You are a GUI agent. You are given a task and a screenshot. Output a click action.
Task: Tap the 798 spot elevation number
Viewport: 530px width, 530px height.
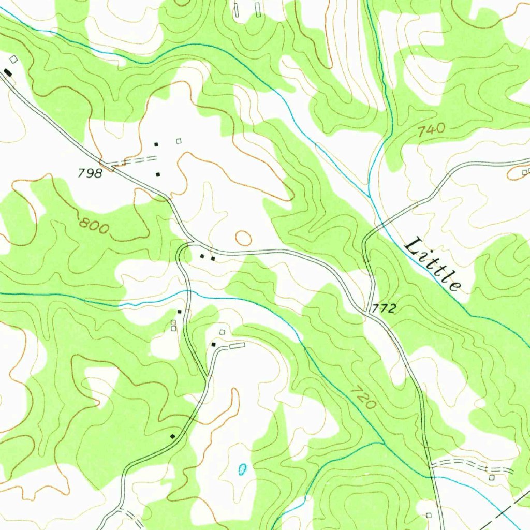(x=90, y=173)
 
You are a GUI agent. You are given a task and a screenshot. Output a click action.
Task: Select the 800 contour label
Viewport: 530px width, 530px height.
(x=94, y=226)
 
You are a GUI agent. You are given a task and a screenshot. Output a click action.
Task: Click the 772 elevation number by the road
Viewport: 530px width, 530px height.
(x=384, y=309)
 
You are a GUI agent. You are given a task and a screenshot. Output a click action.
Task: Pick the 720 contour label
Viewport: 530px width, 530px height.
(x=363, y=397)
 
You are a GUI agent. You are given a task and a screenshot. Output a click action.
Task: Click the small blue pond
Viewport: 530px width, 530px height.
(x=242, y=469)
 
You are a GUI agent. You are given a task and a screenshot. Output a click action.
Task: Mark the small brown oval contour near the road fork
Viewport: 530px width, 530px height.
(x=243, y=238)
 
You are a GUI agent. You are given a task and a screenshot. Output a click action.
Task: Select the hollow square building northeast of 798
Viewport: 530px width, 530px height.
(x=179, y=141)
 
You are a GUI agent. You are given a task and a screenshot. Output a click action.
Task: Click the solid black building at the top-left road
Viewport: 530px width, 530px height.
(x=7, y=71)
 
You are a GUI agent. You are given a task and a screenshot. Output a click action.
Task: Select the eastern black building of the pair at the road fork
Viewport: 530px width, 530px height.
(x=213, y=258)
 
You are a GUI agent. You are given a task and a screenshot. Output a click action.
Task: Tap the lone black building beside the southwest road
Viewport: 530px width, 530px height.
(x=173, y=436)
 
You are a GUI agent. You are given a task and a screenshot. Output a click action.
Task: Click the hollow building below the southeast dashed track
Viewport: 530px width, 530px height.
(x=492, y=477)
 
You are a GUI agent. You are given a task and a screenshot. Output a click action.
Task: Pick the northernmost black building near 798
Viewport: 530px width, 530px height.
(x=156, y=144)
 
